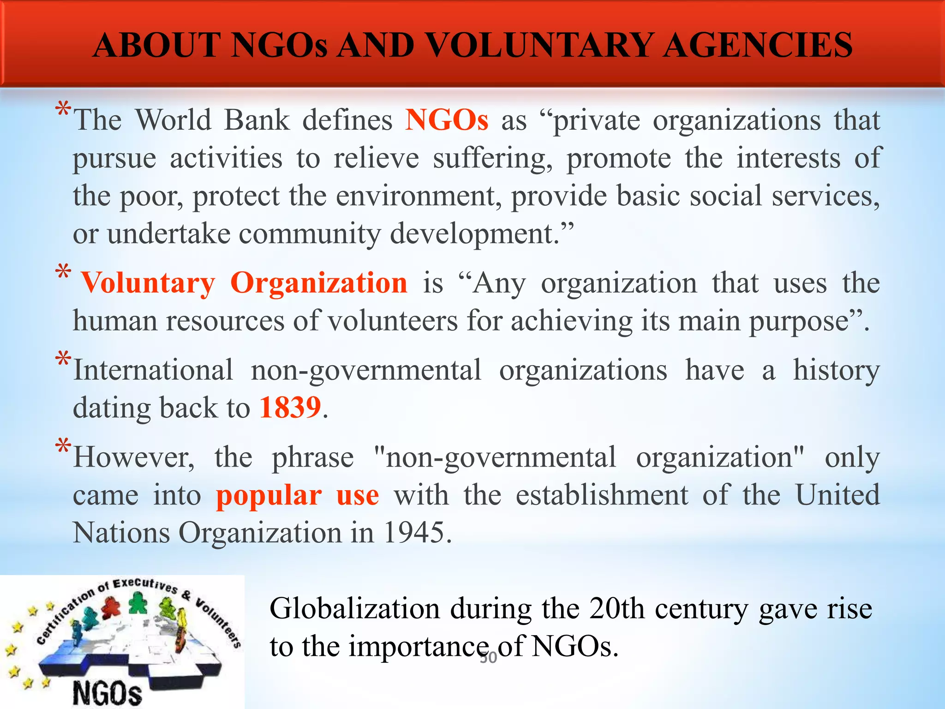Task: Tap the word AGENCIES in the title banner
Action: pos(758,45)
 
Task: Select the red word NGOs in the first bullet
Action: pos(446,120)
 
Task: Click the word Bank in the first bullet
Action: pos(257,120)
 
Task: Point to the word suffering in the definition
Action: pos(492,158)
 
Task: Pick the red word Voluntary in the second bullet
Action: pos(148,283)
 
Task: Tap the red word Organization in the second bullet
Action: pos(318,283)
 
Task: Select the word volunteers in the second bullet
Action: pos(393,321)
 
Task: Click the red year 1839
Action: pos(290,408)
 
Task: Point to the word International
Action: pos(153,370)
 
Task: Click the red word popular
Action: pos(269,496)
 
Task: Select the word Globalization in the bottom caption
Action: pos(354,608)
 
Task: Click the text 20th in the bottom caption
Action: pos(616,608)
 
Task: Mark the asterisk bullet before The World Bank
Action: pos(63,111)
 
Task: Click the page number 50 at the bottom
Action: pos(488,657)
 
